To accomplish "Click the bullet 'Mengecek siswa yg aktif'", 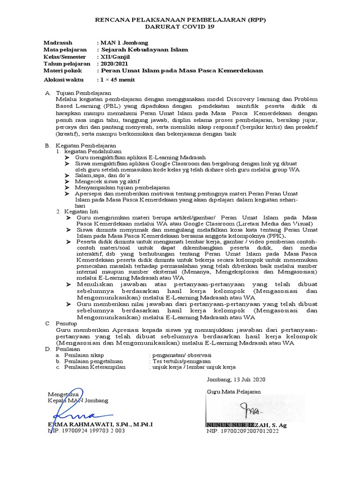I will click(105, 181).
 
